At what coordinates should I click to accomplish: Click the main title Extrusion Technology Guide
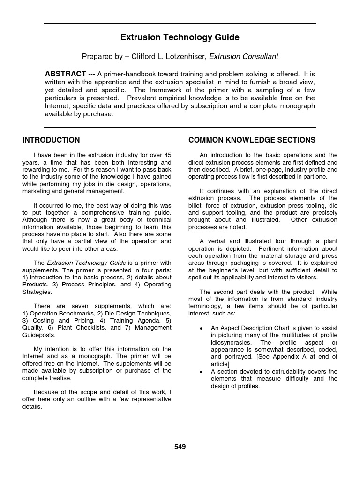180,37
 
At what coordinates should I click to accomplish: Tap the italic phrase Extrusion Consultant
243,57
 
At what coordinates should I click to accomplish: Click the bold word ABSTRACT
65,74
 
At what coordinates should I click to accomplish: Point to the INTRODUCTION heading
51,140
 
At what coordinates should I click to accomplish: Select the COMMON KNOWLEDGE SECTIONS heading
252,140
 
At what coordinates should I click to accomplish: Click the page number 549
180,447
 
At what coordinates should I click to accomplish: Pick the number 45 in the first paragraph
167,155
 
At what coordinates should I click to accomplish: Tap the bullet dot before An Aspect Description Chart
201,329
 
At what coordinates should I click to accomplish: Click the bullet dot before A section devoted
201,372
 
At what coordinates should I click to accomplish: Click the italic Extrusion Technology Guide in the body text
86,263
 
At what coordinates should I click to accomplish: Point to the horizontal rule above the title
180,23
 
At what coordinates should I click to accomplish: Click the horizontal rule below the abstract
180,127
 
